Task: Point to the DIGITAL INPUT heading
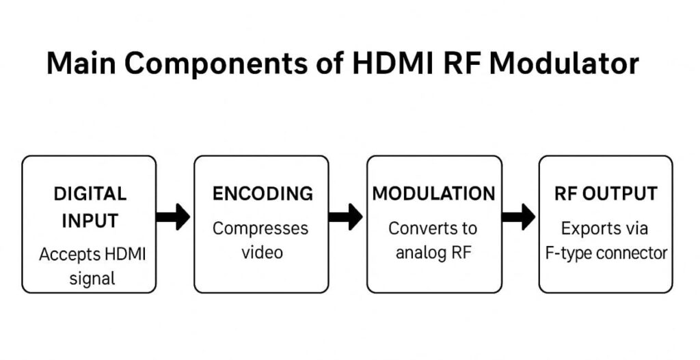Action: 90,207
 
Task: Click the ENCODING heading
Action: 262,193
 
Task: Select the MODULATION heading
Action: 433,193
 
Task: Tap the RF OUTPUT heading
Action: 606,193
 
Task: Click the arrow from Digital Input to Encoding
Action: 174,217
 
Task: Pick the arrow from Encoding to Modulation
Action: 346,217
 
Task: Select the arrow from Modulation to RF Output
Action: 518,217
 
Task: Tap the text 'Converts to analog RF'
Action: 433,240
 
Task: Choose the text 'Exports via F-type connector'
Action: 606,240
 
